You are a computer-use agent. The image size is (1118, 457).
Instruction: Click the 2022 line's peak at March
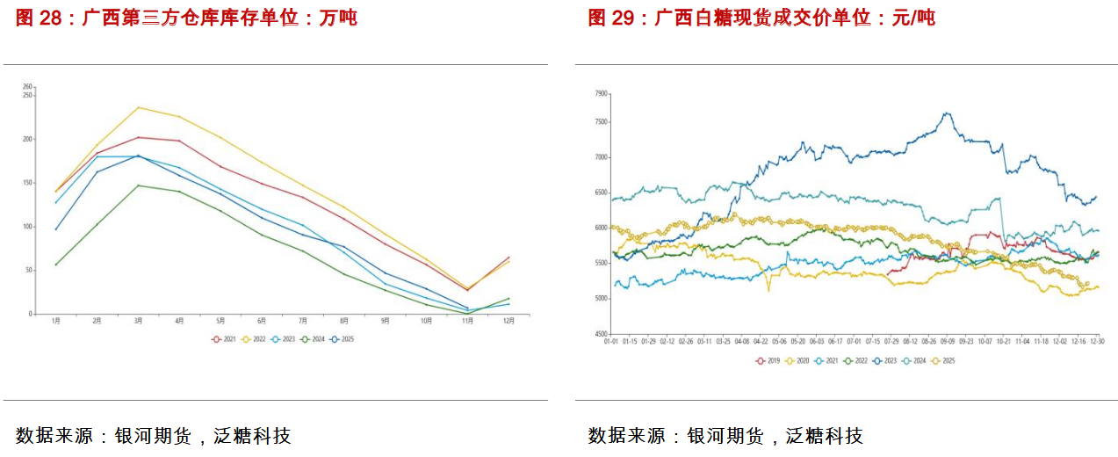(138, 107)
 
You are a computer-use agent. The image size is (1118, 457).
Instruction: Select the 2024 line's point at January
(55, 265)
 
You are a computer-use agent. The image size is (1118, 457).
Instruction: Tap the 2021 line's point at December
(509, 258)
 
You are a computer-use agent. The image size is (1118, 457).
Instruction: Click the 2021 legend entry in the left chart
(225, 338)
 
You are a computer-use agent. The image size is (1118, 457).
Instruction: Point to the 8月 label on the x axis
(343, 322)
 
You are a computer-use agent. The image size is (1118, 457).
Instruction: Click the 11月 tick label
(467, 322)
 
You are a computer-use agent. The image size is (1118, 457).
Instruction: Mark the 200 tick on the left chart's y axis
(27, 139)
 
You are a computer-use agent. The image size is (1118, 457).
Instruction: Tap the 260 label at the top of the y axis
(27, 86)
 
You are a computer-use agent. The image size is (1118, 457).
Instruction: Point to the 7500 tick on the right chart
(601, 123)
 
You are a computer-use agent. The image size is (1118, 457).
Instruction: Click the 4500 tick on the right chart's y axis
(601, 334)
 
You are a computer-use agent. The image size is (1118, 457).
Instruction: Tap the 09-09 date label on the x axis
(948, 341)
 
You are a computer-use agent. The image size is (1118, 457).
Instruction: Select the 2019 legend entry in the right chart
(768, 360)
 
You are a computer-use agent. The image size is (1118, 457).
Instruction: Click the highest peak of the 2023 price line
(947, 112)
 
